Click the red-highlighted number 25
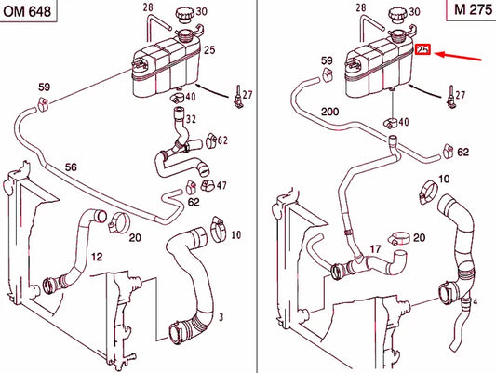tap(422, 50)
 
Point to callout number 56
tap(71, 167)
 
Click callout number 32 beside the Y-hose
tap(192, 119)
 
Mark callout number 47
tap(221, 186)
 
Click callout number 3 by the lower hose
tap(220, 318)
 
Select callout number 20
tap(135, 238)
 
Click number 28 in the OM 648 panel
tap(147, 7)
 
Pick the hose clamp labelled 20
tap(118, 222)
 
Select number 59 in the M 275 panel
tap(327, 61)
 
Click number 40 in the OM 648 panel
tap(190, 98)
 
